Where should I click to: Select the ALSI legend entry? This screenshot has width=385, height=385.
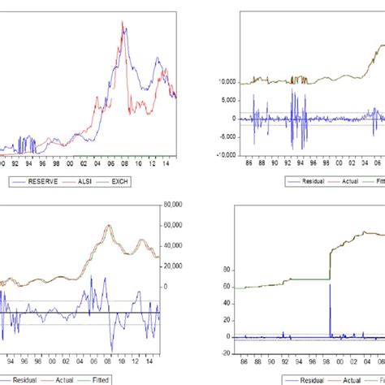pos(86,180)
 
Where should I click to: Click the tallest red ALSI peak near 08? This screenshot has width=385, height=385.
pos(123,22)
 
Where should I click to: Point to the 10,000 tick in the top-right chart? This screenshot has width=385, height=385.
pos(236,82)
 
